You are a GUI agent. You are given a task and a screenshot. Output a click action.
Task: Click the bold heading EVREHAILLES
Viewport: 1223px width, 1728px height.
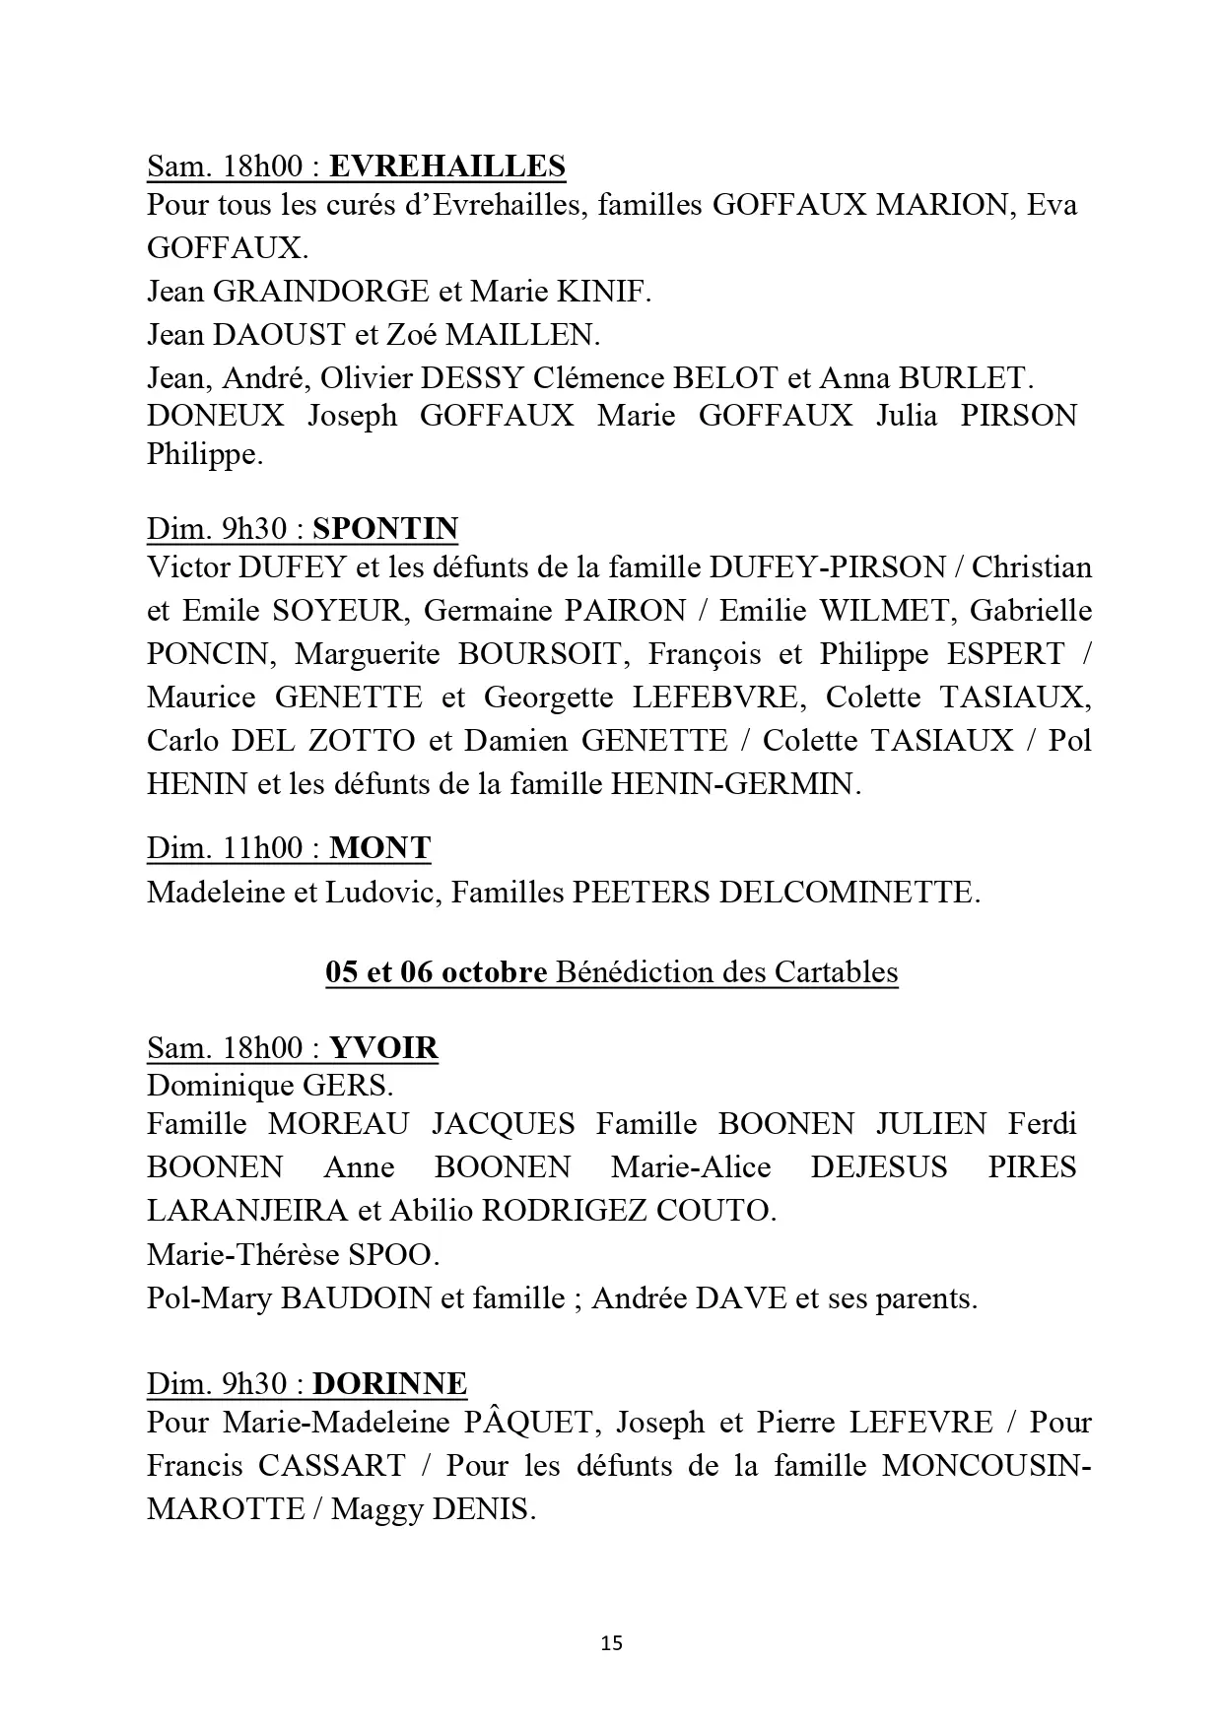tap(446, 166)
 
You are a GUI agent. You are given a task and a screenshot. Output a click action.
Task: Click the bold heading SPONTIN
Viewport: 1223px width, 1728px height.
tap(385, 529)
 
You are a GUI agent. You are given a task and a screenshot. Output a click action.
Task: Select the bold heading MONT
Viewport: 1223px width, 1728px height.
tap(379, 848)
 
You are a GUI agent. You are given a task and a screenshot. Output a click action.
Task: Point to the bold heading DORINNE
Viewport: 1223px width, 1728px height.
tap(389, 1383)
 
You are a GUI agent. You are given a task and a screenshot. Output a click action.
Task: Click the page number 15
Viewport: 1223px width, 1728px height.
tap(611, 1643)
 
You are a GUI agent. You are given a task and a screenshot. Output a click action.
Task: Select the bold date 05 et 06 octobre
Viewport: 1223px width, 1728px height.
tap(437, 972)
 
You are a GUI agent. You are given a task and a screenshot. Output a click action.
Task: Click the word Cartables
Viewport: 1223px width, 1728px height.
tap(837, 972)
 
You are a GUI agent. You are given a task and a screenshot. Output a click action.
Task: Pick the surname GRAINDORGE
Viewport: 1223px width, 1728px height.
tap(321, 292)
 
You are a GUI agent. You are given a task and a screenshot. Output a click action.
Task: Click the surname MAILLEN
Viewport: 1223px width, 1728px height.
tap(521, 335)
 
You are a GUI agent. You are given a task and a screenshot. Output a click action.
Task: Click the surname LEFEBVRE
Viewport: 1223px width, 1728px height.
tap(718, 698)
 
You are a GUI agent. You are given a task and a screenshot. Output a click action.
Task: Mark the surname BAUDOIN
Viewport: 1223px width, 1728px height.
tap(357, 1298)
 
